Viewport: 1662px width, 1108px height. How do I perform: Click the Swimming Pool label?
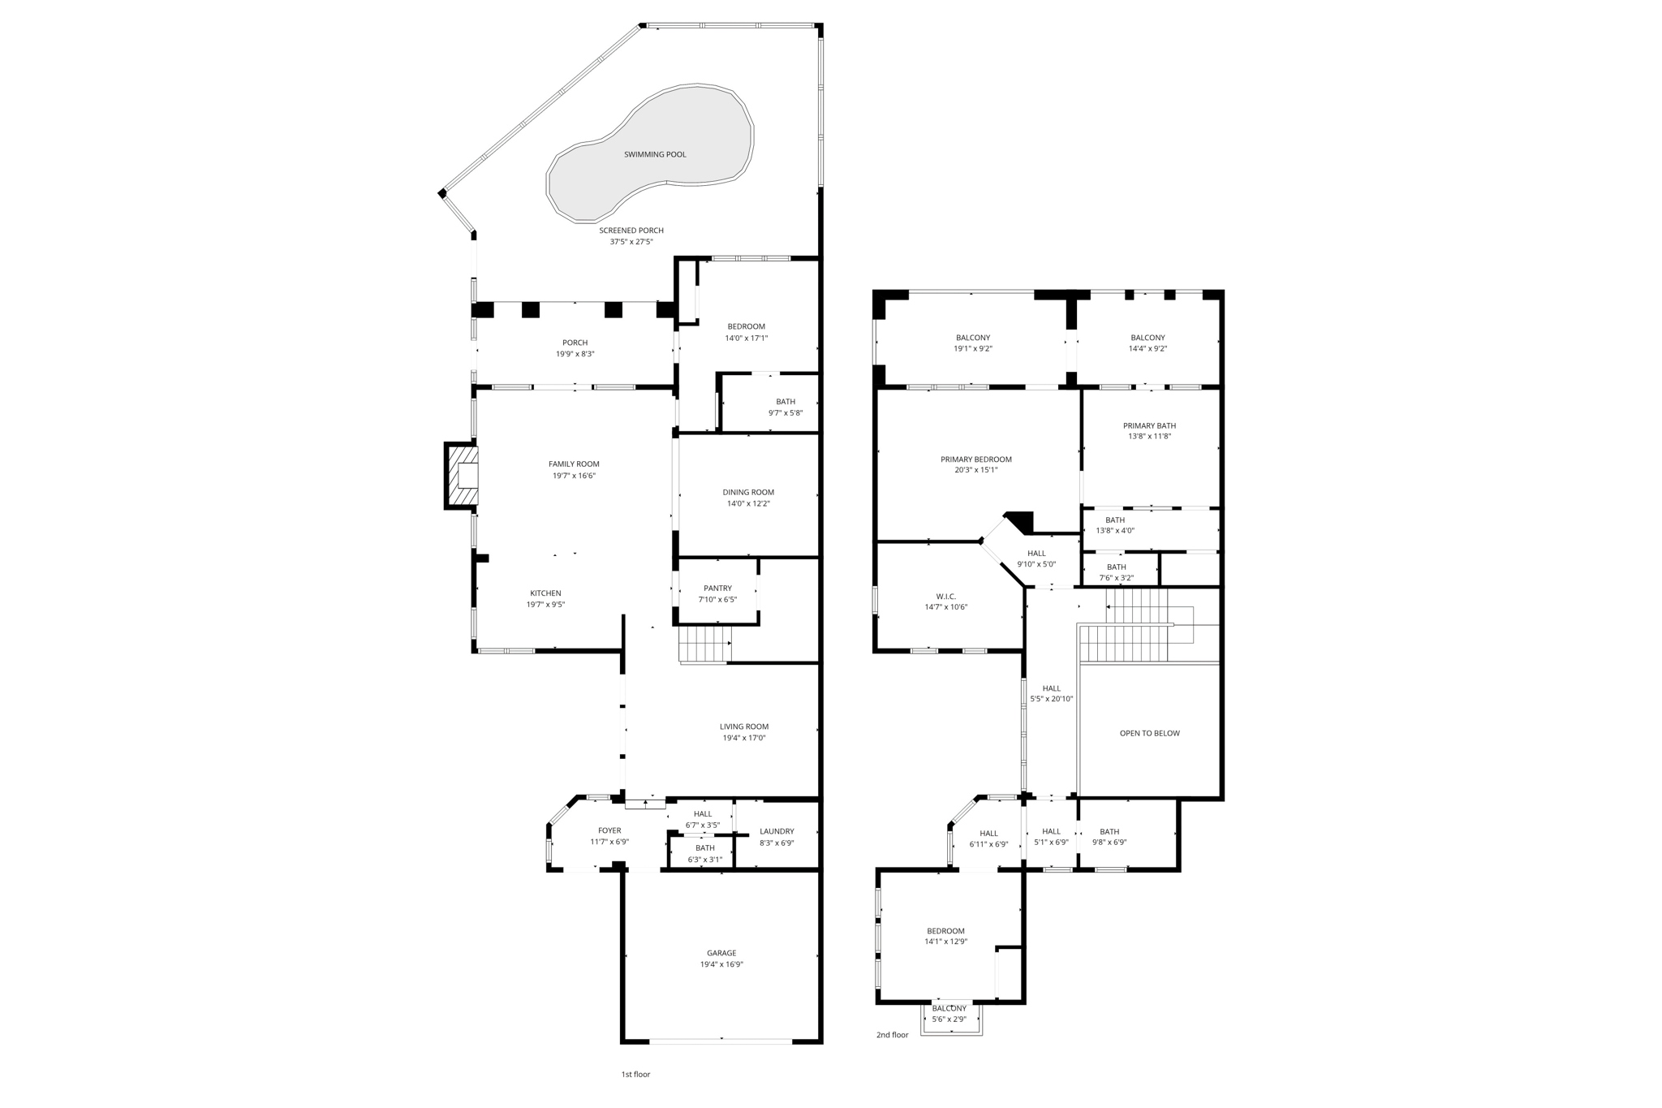654,154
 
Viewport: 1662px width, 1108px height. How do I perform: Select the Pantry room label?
717,588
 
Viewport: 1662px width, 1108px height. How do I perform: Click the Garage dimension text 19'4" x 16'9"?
721,964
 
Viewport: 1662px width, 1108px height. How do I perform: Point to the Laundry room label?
777,831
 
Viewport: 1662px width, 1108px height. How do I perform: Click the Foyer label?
609,830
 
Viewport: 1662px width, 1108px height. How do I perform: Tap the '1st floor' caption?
635,1074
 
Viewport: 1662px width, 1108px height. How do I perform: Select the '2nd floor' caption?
892,1035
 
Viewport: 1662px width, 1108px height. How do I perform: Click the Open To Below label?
1149,733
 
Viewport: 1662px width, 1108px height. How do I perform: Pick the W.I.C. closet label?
945,597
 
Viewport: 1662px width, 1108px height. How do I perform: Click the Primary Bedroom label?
975,459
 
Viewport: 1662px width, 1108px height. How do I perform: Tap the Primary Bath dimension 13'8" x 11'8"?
1149,437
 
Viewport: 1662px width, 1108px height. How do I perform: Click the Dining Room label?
748,492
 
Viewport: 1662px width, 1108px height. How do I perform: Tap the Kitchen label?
545,593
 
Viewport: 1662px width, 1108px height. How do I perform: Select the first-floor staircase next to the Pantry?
704,645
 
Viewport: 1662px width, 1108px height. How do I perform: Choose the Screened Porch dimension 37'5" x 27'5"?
631,242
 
